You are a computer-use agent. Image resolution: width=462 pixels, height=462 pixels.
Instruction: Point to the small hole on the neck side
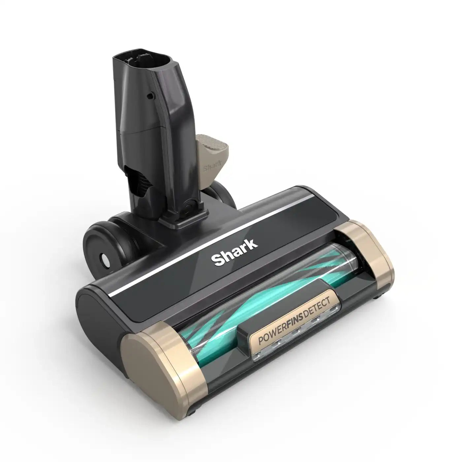tap(150, 96)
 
